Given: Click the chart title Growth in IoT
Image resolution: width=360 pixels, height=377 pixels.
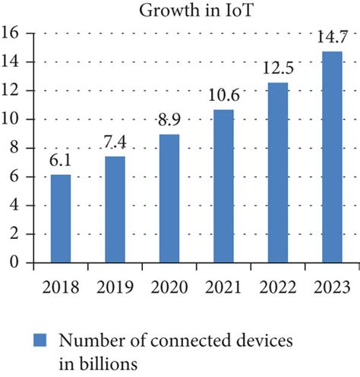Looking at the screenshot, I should tap(179, 11).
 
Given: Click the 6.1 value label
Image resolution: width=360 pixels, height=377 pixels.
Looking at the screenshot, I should tap(62, 162).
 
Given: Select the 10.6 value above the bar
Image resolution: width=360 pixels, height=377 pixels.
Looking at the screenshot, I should tap(223, 96).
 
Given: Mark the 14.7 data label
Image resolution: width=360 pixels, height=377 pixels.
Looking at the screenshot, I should tap(330, 38).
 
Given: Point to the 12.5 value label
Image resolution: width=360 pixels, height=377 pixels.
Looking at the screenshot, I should tap(276, 69).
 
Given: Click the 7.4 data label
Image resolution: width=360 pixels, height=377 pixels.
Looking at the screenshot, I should tap(115, 143).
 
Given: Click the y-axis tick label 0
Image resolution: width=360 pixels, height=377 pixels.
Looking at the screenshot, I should tap(14, 262).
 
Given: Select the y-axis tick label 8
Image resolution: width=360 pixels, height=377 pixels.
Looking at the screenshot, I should tap(14, 148).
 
